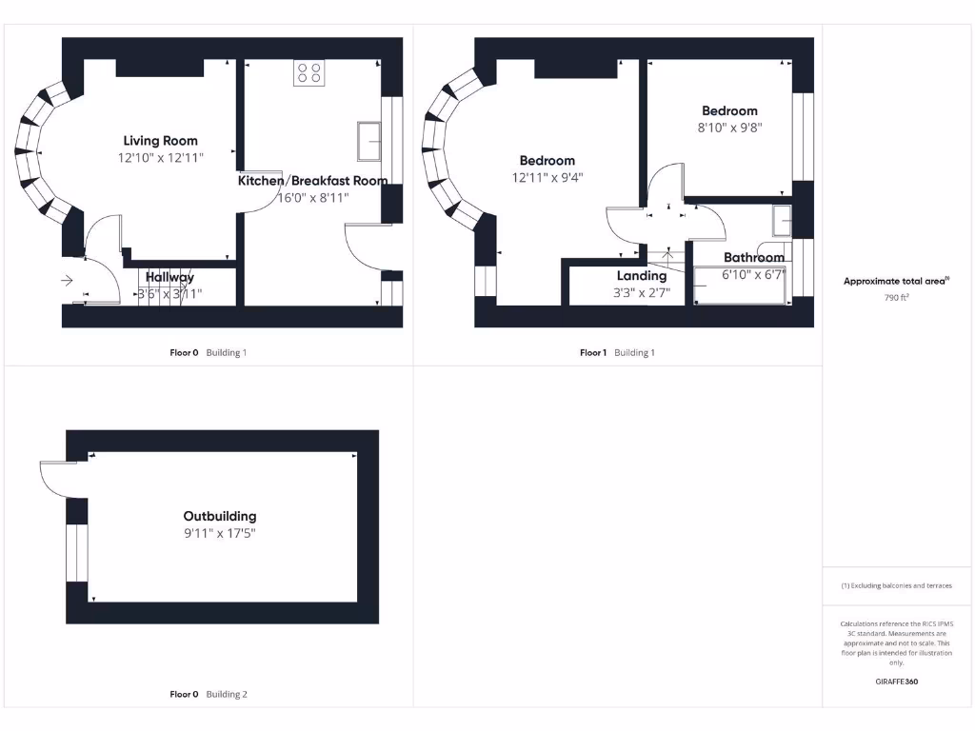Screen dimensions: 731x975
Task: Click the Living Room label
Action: tap(160, 141)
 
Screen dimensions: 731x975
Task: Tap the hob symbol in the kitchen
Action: tap(308, 72)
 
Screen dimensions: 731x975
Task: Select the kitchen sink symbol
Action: tap(368, 141)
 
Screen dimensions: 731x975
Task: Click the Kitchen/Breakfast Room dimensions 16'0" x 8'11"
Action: tap(313, 198)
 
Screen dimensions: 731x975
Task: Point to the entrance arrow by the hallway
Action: tap(67, 281)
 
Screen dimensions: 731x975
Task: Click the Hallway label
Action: tap(169, 277)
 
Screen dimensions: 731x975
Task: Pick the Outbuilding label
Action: tap(220, 516)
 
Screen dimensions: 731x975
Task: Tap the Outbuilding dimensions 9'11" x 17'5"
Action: tap(220, 533)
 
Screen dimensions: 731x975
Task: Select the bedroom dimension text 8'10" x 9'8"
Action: tap(729, 127)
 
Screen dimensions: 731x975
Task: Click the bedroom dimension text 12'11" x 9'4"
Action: tap(547, 177)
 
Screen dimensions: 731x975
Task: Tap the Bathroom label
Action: tap(754, 257)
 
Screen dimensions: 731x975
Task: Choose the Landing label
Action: tap(642, 276)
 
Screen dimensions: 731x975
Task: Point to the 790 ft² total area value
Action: tap(895, 297)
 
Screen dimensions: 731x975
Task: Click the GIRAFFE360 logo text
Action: tap(896, 682)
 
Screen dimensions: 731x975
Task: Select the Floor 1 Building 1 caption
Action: tap(617, 352)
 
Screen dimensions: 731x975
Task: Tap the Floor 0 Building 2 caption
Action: tap(209, 694)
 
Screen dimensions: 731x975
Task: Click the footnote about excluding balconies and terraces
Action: tap(896, 585)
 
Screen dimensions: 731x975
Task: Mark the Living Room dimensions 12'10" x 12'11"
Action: tap(161, 157)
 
